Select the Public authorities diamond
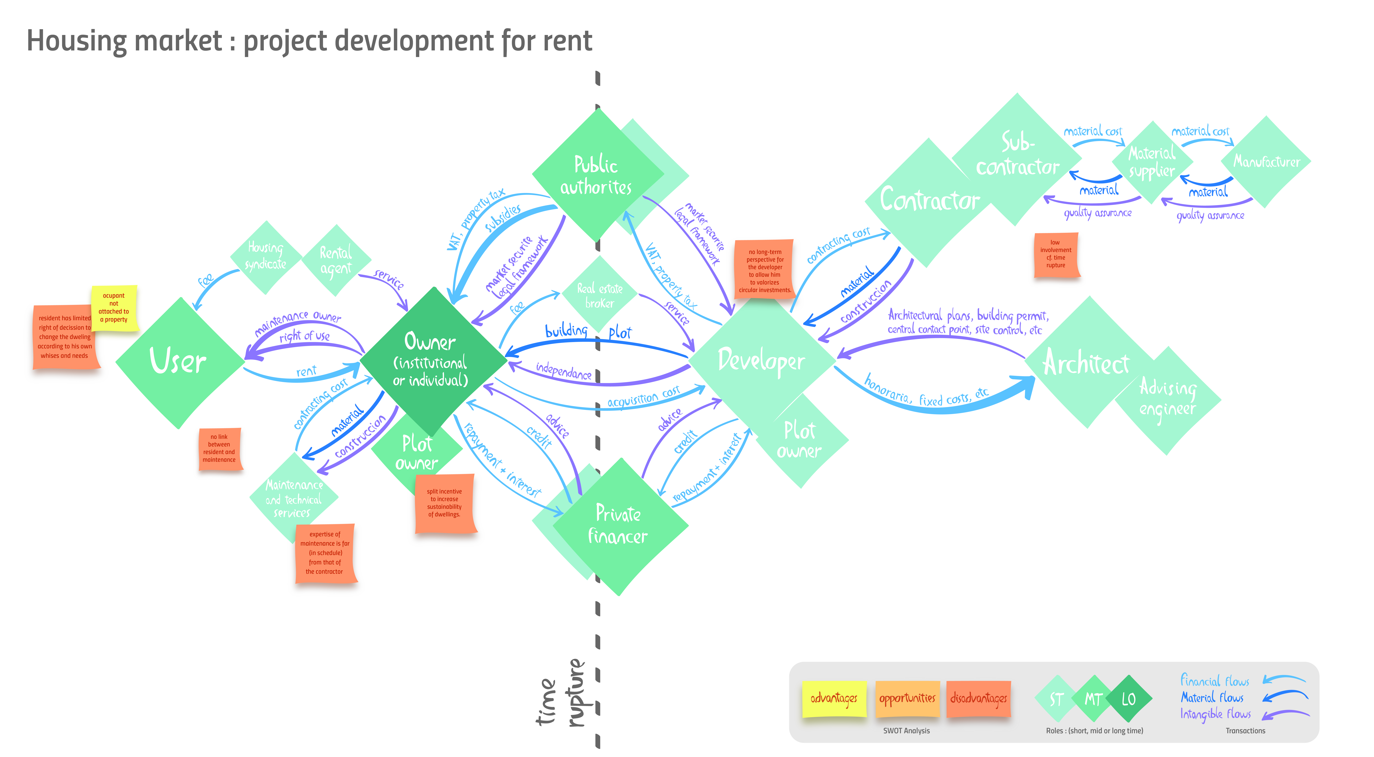tap(596, 175)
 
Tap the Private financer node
tap(619, 526)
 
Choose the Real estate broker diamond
tap(600, 295)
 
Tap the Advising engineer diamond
tap(1168, 400)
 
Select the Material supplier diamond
tap(1152, 162)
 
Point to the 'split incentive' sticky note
tap(445, 503)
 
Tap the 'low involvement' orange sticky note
tap(1056, 255)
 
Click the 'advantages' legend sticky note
tap(834, 698)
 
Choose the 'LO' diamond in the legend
tap(1129, 699)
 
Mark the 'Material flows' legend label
tap(1212, 697)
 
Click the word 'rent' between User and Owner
tap(306, 372)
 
